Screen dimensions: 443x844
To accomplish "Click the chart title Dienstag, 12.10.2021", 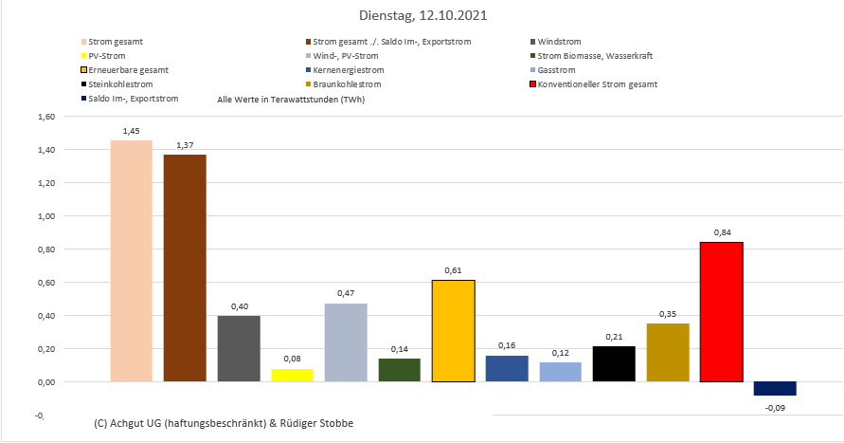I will tap(423, 16).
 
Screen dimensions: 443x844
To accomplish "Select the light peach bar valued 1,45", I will tap(131, 261).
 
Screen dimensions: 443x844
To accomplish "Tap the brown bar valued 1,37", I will tap(185, 268).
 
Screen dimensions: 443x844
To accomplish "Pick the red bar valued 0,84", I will tap(721, 312).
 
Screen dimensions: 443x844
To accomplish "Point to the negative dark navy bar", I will tap(775, 389).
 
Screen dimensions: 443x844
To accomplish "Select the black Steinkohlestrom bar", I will tap(614, 364).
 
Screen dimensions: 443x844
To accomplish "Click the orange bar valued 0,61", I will tap(453, 331).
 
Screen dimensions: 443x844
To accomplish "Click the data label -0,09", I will tap(775, 410).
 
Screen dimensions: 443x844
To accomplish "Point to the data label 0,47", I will tap(345, 293).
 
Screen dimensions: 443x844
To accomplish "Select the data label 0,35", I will tap(668, 313).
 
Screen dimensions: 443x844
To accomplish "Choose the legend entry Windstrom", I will tap(560, 42).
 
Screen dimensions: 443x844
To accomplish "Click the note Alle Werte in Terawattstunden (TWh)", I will tap(291, 99).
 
